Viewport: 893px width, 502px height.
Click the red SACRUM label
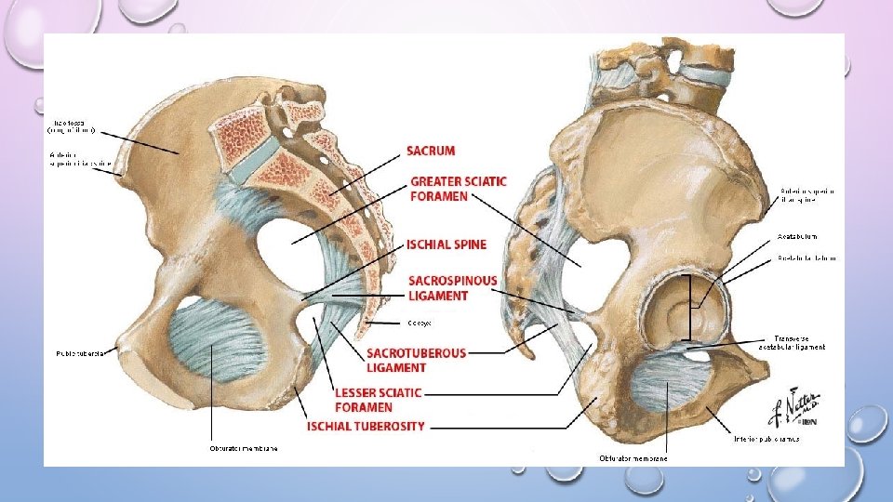click(431, 151)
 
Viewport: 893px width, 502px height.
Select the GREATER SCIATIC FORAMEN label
click(459, 188)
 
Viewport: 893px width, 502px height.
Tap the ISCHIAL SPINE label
click(446, 244)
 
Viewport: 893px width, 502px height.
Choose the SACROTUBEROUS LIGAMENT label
click(416, 359)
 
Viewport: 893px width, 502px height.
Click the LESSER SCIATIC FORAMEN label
click(378, 400)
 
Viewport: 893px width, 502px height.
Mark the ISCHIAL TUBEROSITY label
click(366, 426)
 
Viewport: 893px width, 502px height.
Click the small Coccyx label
click(418, 323)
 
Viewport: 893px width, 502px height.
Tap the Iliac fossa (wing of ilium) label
click(73, 125)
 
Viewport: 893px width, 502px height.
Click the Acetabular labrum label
click(806, 258)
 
